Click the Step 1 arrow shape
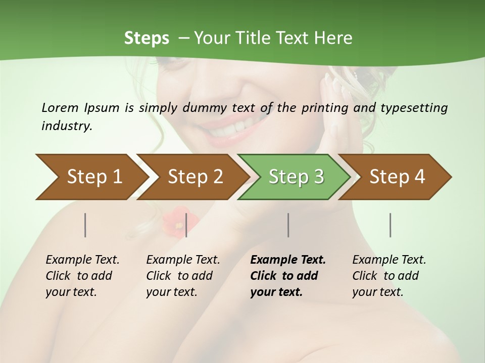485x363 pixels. point(91,177)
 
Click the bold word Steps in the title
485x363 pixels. point(147,38)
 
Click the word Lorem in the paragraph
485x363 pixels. point(60,107)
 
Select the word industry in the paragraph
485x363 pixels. point(66,126)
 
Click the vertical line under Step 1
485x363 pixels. point(85,225)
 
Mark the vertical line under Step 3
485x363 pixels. point(288,225)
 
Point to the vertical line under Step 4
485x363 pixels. point(390,225)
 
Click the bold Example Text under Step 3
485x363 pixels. point(288,260)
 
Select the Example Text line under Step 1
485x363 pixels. point(82,260)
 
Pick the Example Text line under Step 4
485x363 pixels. point(389,260)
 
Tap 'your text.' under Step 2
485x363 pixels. point(171,292)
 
